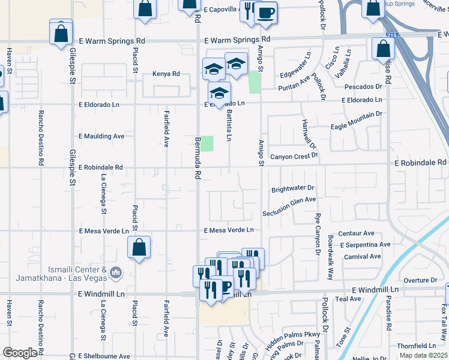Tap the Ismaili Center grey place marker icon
coord(116,274)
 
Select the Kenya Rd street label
coord(166,74)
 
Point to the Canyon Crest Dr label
coord(294,157)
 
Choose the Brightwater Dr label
coord(293,189)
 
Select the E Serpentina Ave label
coord(365,245)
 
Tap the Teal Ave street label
coord(348,298)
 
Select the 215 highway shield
coord(392,36)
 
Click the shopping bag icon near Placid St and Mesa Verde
coord(139,247)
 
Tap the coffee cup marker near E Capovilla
coord(265,13)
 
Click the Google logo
coord(20,352)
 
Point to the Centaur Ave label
coord(357,233)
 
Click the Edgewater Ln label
coord(296,74)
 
